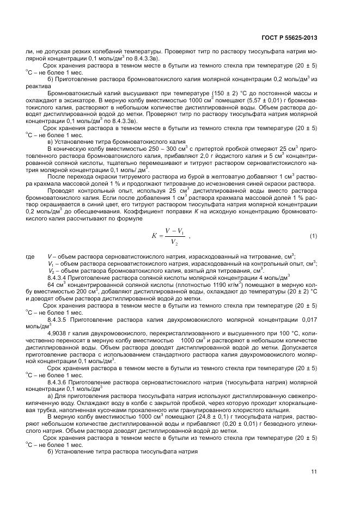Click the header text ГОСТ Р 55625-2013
pyautogui.click(x=290, y=38)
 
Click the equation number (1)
pyautogui.click(x=313, y=235)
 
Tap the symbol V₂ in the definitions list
pyautogui.click(x=51, y=271)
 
